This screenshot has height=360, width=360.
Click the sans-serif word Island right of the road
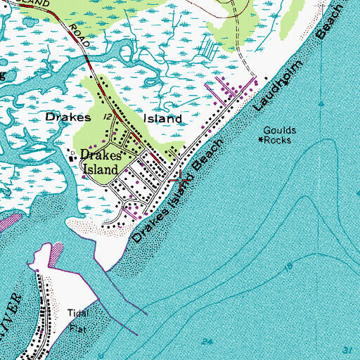click(x=164, y=119)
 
